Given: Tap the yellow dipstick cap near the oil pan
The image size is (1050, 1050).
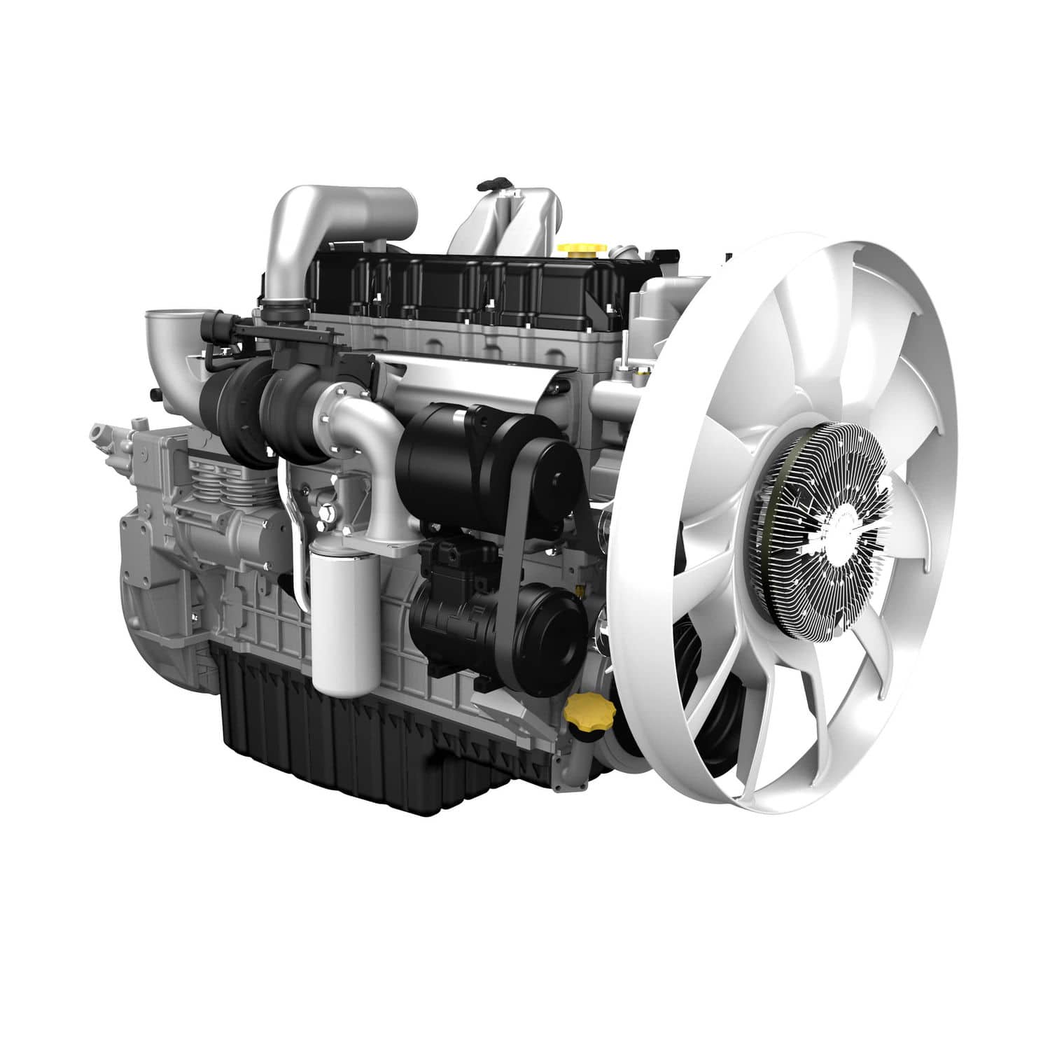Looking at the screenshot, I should pyautogui.click(x=589, y=713).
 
